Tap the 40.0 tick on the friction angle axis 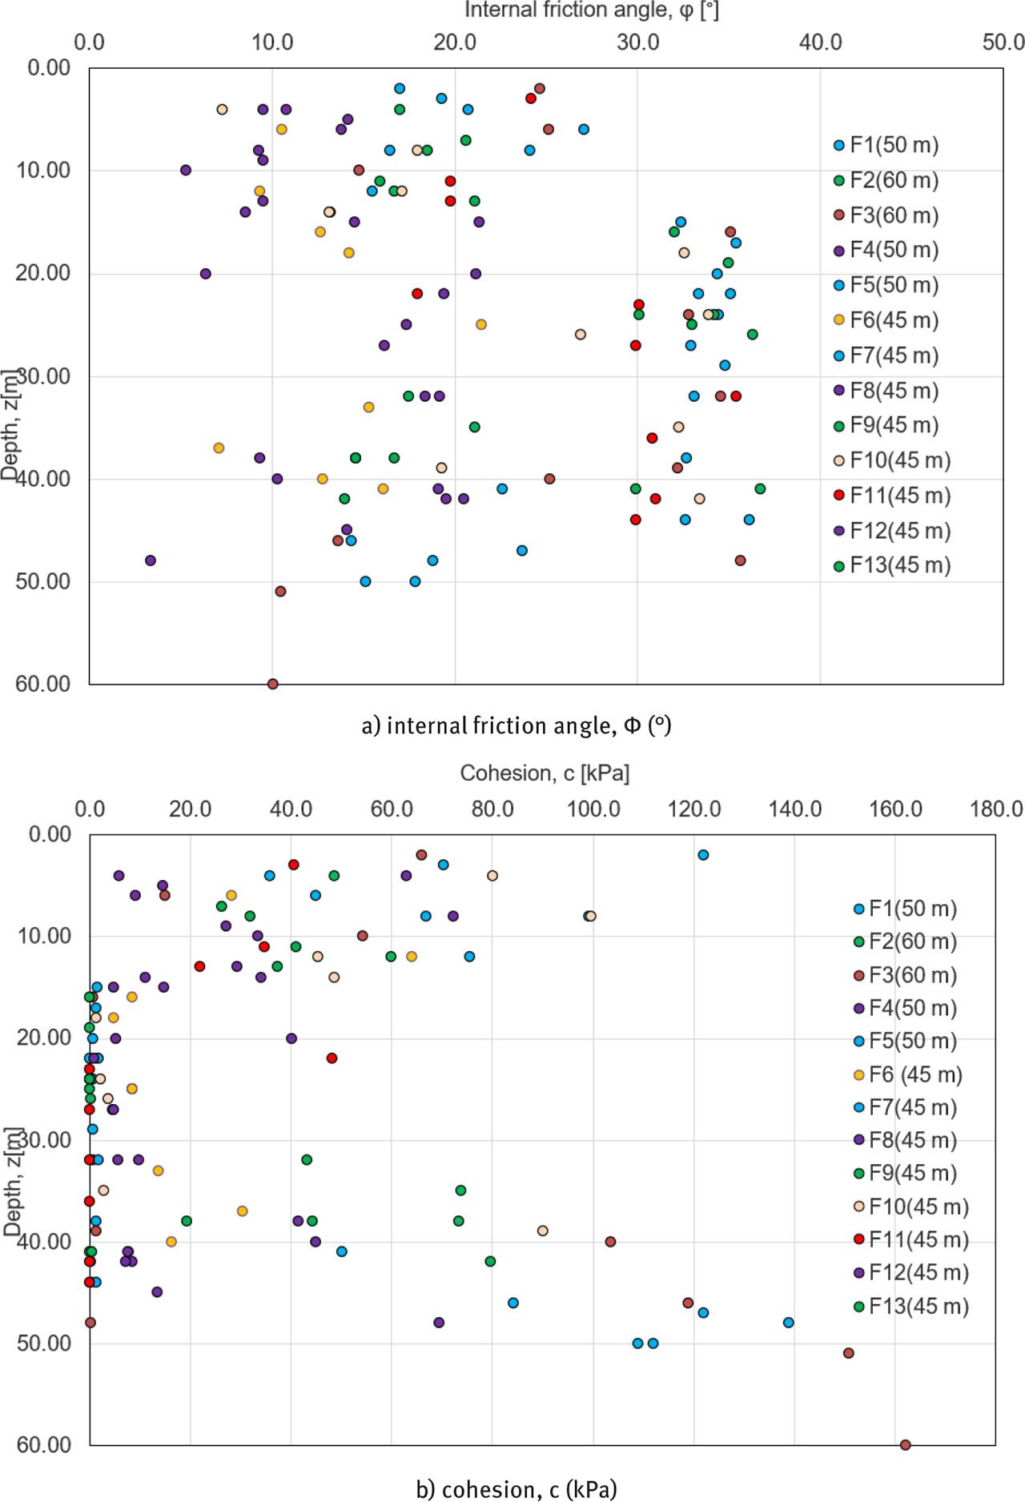point(819,42)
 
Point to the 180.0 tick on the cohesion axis point(995,809)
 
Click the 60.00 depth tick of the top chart point(43,684)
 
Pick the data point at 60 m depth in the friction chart point(272,684)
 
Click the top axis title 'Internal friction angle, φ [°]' point(592,10)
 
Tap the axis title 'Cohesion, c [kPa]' point(545,773)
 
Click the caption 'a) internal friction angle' point(517,726)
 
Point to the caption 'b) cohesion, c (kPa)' point(517,1489)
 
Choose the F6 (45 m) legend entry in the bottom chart point(914,1074)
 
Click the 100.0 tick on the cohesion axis point(593,809)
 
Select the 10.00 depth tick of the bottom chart point(43,935)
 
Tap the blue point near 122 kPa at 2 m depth point(703,855)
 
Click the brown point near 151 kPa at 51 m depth point(849,1353)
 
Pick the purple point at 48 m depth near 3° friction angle point(151,560)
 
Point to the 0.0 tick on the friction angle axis point(90,42)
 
